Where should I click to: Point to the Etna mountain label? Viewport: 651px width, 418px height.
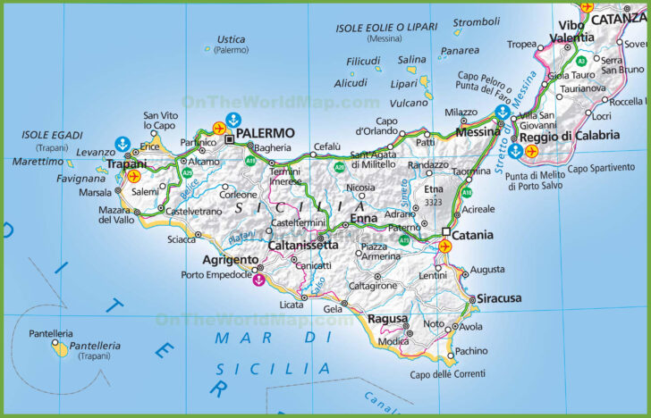pyautogui.click(x=433, y=189)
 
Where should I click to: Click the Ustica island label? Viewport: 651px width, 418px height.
pyautogui.click(x=231, y=39)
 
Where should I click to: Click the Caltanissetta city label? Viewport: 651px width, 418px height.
pyautogui.click(x=303, y=244)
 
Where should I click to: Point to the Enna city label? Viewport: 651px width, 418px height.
pyautogui.click(x=363, y=218)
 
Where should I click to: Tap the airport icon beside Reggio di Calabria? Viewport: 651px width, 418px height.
pyautogui.click(x=533, y=151)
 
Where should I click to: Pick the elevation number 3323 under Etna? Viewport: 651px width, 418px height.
pyautogui.click(x=434, y=203)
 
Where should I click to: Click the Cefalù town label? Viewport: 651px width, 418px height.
pyautogui.click(x=326, y=146)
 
